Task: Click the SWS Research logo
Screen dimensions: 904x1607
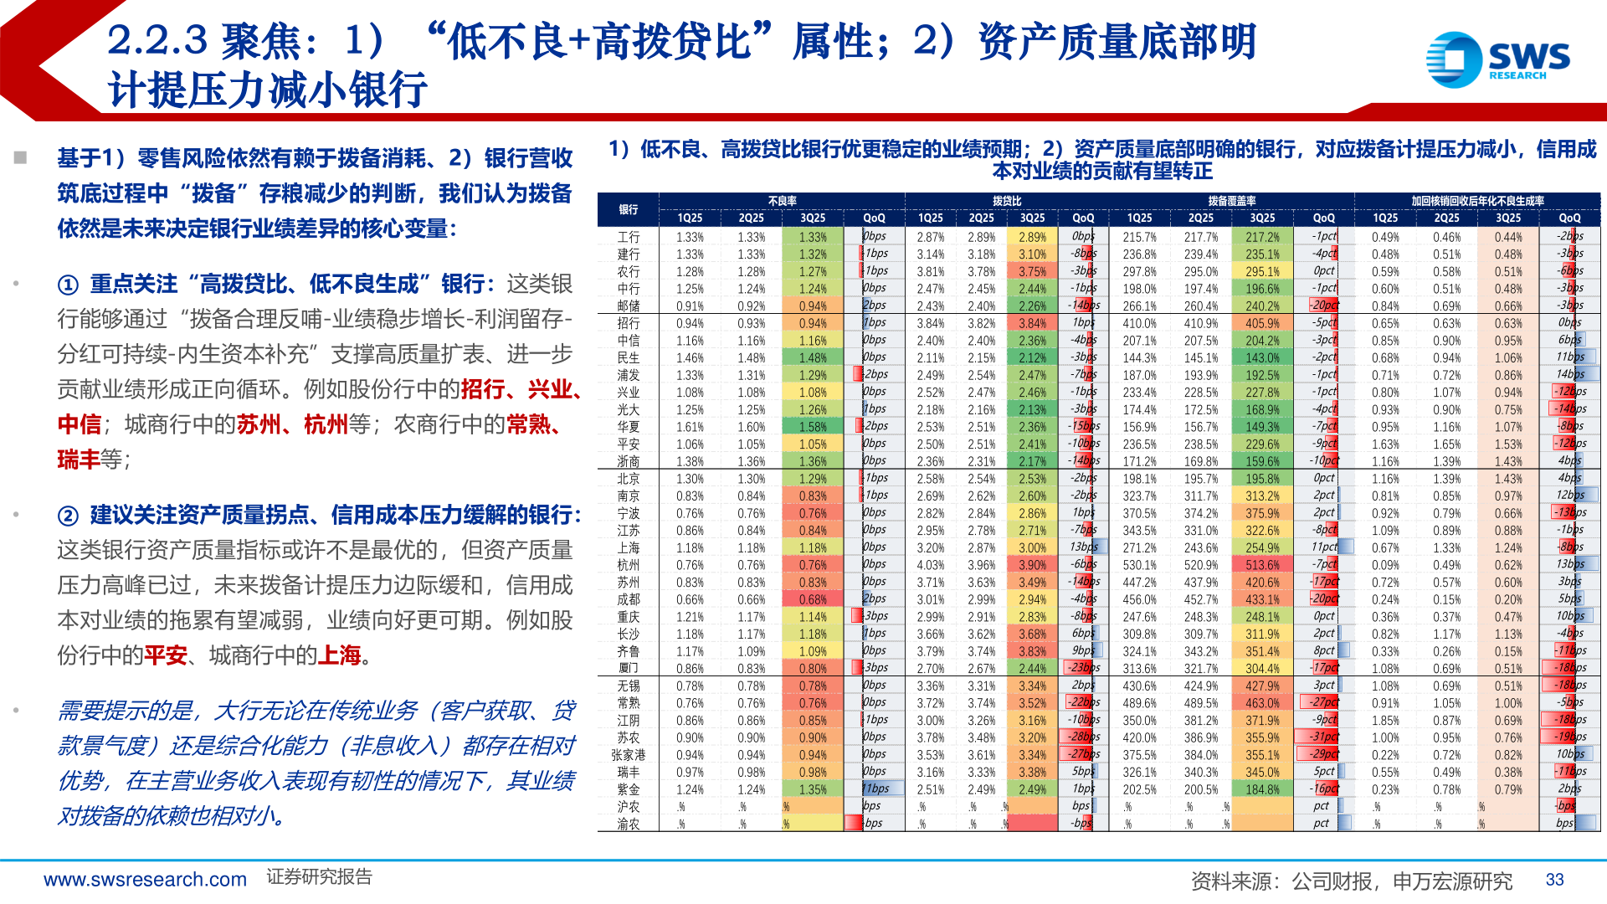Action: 1497,59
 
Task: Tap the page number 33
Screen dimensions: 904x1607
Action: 1554,879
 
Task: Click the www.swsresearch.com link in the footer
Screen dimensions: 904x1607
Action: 145,880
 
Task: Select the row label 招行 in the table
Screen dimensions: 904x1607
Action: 629,323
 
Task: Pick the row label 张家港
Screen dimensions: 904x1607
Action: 629,755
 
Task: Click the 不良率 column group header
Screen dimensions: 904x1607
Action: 782,201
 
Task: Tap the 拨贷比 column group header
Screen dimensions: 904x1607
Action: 1006,201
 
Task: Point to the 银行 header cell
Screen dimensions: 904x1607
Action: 629,209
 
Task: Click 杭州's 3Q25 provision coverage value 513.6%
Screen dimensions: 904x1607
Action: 1262,565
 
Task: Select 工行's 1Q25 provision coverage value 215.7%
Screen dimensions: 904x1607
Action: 1139,237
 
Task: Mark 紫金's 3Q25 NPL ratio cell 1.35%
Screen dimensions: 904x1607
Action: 812,789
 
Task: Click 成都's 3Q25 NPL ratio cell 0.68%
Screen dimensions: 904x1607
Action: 812,599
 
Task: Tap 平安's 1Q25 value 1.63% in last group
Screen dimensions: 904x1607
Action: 1385,444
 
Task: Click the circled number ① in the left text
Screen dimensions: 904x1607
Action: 68,285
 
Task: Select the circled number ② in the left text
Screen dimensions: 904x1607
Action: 68,516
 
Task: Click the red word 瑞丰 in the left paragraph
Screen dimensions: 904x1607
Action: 79,460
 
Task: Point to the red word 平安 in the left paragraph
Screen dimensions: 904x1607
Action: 165,655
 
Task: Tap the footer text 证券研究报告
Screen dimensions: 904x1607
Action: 319,877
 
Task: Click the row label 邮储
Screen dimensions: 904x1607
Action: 629,306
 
